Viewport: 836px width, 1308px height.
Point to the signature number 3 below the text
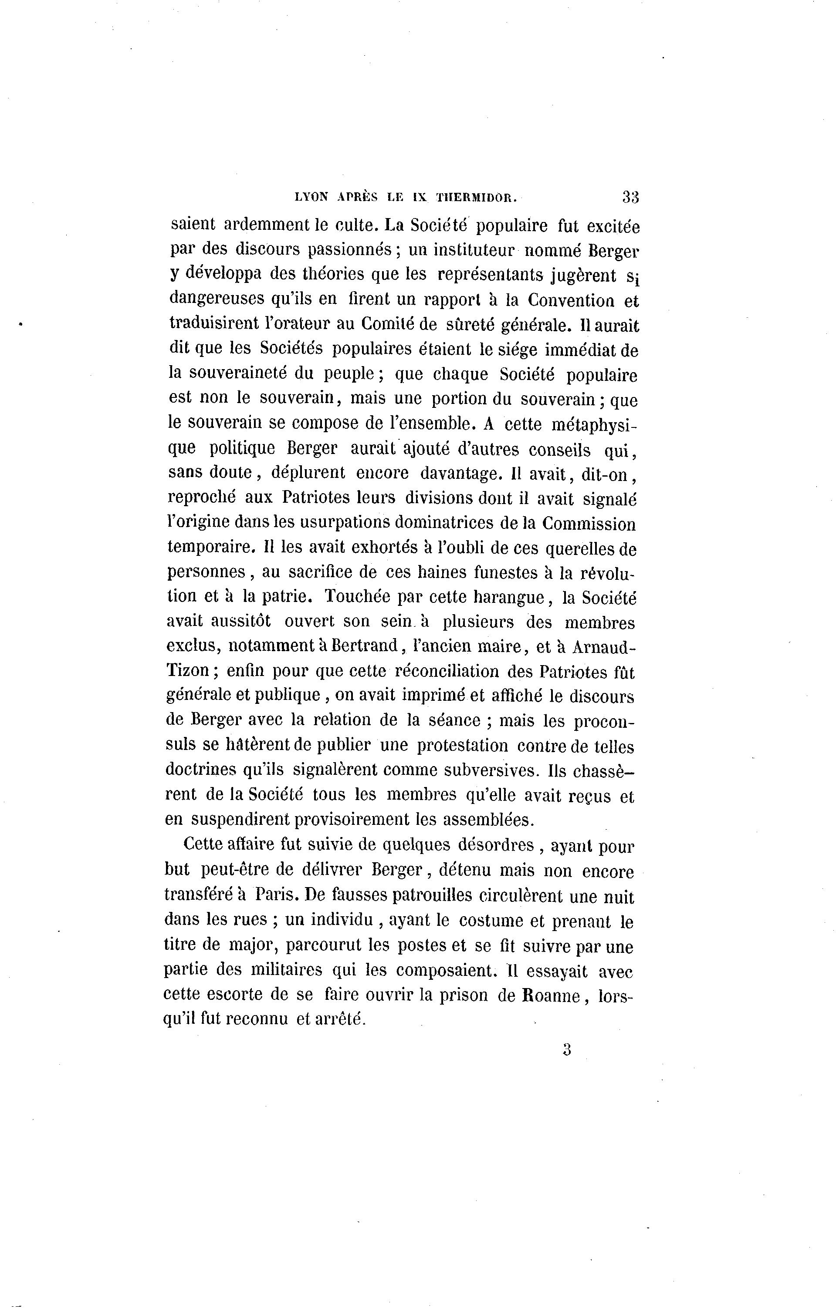(x=567, y=1050)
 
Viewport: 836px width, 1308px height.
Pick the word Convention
(x=571, y=300)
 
